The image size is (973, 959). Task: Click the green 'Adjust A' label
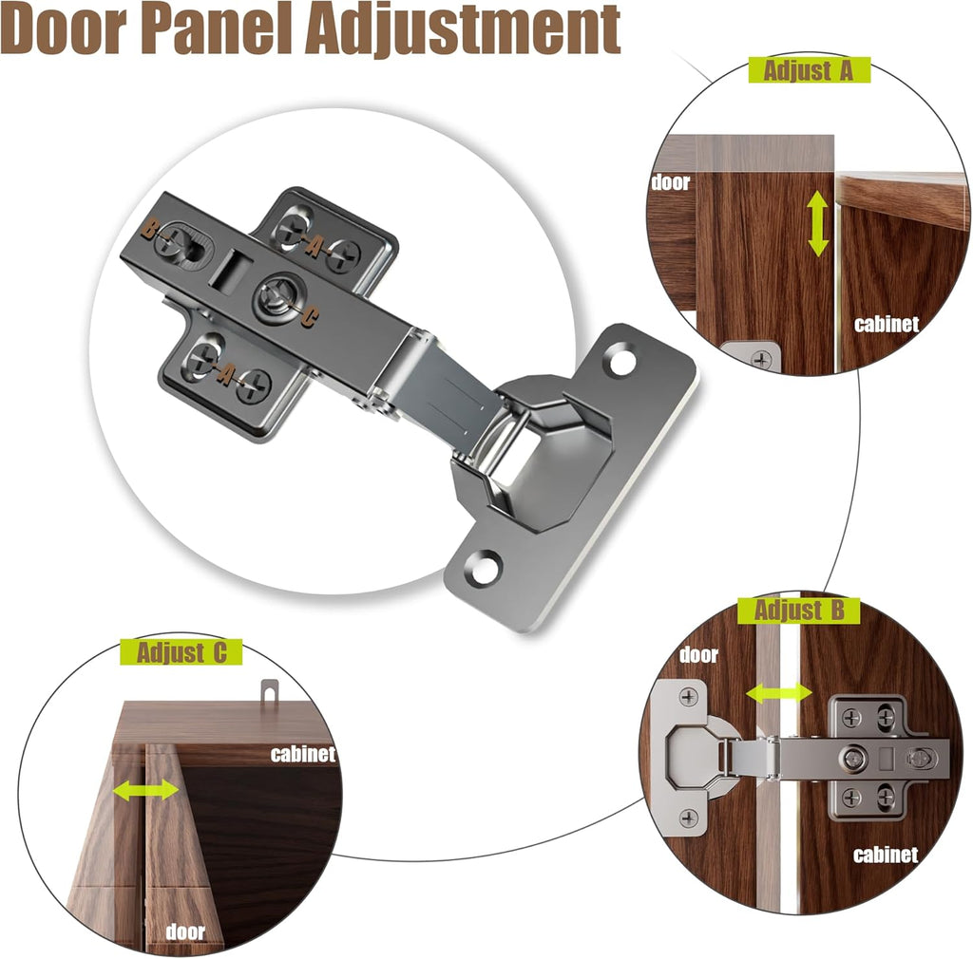[809, 70]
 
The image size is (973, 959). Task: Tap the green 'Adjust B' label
[798, 611]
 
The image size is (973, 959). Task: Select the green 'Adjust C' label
[181, 652]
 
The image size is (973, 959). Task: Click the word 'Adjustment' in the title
[463, 28]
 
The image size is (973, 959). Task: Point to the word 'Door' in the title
[64, 28]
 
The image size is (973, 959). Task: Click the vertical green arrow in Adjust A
[818, 224]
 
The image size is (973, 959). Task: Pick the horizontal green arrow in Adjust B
[779, 693]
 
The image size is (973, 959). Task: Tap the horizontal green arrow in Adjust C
[145, 790]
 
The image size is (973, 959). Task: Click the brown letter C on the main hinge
[310, 318]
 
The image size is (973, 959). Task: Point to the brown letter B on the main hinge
[149, 230]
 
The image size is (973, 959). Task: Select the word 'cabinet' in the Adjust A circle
[887, 324]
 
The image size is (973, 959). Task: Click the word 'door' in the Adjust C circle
[185, 931]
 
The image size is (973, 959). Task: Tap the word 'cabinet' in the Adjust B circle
[886, 855]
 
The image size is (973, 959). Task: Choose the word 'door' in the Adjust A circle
[671, 182]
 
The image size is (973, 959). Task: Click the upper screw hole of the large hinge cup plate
[621, 362]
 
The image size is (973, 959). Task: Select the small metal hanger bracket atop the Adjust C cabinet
[269, 690]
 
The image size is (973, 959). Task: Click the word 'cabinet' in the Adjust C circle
[303, 754]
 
